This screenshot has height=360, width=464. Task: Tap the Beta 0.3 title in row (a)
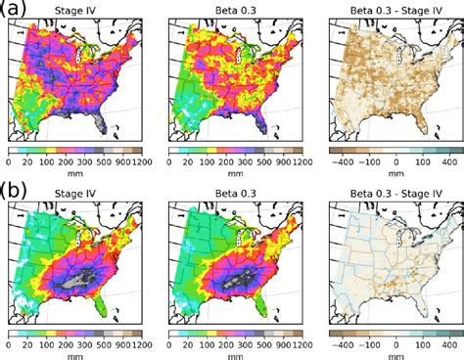click(232, 12)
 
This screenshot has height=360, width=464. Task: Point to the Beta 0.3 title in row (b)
click(232, 193)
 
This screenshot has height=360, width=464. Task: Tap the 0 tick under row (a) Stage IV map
click(9, 162)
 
